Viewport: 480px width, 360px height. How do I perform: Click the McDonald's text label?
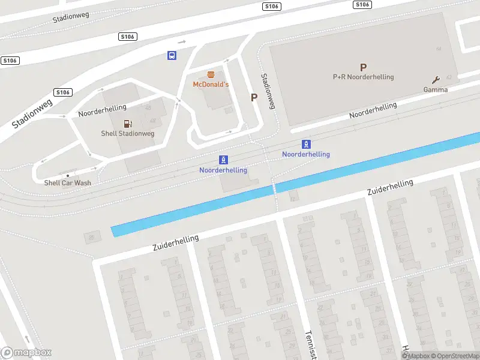(211, 85)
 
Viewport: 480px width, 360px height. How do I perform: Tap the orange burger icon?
(211, 75)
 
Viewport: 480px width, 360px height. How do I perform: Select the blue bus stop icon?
(172, 55)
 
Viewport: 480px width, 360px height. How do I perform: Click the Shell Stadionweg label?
(127, 133)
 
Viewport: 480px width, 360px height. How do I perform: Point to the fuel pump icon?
(127, 124)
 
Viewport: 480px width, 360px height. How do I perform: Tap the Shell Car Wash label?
(67, 183)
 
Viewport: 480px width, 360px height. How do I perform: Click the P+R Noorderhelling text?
(363, 77)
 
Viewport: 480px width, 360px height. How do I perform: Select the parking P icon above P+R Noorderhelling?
(362, 68)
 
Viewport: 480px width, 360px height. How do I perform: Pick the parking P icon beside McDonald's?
(254, 97)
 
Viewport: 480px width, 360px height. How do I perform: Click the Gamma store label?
(436, 89)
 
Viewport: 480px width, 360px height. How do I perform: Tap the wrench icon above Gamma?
(436, 80)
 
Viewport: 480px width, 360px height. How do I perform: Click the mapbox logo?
(26, 353)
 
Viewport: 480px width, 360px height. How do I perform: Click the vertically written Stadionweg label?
(268, 91)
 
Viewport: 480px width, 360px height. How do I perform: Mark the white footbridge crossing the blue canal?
(275, 188)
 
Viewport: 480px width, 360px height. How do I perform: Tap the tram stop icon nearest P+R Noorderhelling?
(306, 144)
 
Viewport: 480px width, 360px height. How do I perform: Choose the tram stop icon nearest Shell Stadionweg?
(223, 160)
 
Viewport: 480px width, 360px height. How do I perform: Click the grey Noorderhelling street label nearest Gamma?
(373, 110)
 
